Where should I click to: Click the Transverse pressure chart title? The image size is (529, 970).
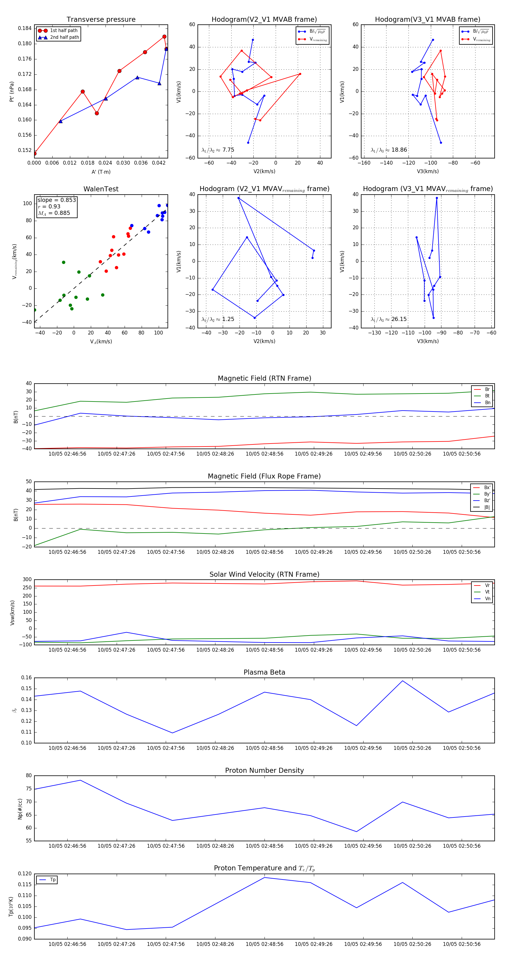pos(101,20)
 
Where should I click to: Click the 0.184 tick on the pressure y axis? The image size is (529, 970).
pos(25,28)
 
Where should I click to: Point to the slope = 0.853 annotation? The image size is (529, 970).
pos(56,200)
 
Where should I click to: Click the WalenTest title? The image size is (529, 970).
pos(101,189)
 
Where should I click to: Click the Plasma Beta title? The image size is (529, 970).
pos(264,672)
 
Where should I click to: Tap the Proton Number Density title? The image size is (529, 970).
pos(264,770)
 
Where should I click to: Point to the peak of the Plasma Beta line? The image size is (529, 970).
pos(403,681)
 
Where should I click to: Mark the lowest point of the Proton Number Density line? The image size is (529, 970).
pos(356,832)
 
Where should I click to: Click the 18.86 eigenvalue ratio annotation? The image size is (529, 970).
pos(389,150)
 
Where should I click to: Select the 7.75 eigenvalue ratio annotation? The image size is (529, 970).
pos(218,150)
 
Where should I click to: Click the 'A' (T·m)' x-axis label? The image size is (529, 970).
pos(101,172)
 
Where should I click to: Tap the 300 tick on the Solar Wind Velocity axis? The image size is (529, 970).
pos(27,580)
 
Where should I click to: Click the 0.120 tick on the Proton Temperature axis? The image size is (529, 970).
pos(25,874)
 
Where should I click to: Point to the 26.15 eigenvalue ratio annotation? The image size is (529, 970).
pos(389,319)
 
